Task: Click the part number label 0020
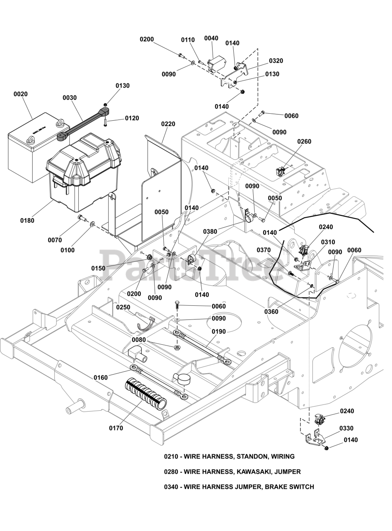tap(21, 94)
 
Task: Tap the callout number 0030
tap(70, 98)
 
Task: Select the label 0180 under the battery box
tap(27, 220)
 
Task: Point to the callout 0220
tap(168, 124)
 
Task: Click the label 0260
tap(304, 141)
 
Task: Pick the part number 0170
tap(116, 428)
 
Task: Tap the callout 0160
tap(101, 378)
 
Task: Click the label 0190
tap(219, 331)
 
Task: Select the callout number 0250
tap(123, 307)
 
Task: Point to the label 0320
tap(276, 61)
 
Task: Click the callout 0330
tap(346, 428)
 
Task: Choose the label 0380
tap(210, 231)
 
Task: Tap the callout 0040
tap(211, 39)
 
